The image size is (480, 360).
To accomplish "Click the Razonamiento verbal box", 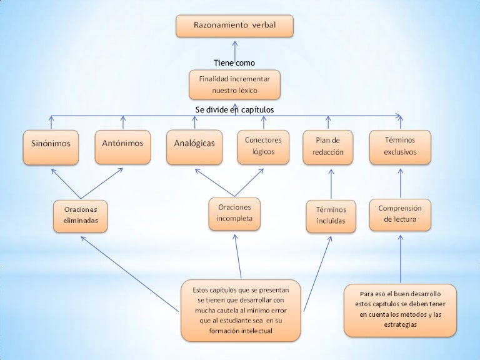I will coord(234,26).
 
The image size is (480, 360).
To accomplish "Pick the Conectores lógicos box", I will coord(263,146).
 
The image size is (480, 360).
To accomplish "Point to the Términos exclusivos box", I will coord(399,146).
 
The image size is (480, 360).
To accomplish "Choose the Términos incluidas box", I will coord(331,216).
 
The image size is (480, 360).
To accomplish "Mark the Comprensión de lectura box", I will coord(400,214).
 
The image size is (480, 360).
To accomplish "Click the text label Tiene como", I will coord(234,62).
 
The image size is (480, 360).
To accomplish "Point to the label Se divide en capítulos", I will coord(234,110).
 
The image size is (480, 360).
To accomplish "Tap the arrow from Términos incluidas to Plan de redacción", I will coord(331,184).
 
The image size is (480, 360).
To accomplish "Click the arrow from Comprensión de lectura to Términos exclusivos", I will coord(400,182).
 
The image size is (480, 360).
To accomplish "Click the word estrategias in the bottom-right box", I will coord(400,324).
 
